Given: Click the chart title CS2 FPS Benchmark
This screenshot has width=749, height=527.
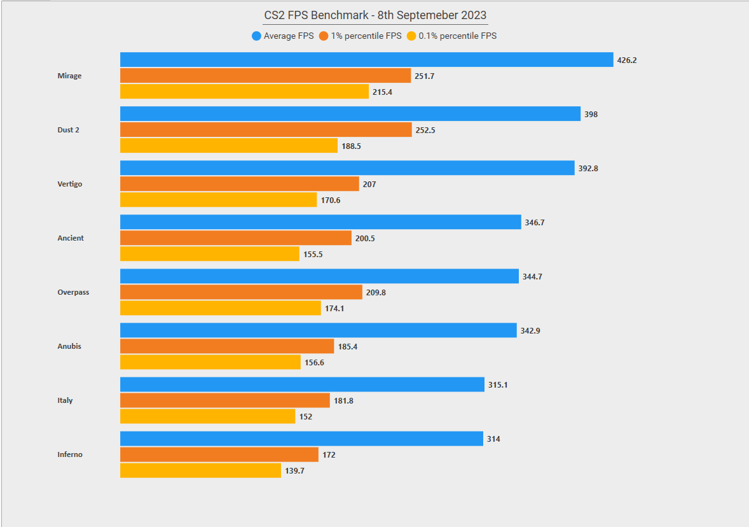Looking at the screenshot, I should [375, 15].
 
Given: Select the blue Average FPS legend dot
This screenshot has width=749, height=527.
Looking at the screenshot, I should [256, 36].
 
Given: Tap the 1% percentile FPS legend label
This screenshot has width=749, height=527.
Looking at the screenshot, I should [366, 36].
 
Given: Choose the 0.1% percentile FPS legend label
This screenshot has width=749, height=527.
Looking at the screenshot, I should [457, 36].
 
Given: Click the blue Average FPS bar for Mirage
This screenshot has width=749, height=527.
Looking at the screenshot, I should [366, 60].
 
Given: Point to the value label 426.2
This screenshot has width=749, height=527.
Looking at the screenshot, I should [626, 60].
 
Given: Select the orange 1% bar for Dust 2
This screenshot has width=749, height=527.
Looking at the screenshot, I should [266, 130].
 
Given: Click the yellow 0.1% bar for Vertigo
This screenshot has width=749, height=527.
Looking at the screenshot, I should [218, 200].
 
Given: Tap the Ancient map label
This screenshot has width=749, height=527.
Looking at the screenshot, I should [71, 238].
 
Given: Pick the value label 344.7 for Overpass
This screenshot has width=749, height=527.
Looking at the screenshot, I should [532, 277].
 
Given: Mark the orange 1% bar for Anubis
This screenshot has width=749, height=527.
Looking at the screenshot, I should [227, 346].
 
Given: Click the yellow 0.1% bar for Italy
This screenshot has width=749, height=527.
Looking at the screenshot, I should [207, 416].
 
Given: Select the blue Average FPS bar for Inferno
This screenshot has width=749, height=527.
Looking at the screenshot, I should [301, 439].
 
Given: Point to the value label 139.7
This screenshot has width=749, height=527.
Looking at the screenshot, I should [294, 471].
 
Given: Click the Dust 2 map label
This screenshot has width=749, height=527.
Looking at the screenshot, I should [68, 130].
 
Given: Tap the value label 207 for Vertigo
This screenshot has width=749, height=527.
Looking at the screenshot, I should [369, 185].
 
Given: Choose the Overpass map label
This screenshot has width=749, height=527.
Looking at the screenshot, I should [73, 292].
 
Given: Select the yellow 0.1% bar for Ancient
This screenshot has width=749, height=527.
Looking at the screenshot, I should [210, 254].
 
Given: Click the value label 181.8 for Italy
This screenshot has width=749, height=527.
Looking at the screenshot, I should [343, 401].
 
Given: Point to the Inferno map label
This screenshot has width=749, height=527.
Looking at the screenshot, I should [70, 454].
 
